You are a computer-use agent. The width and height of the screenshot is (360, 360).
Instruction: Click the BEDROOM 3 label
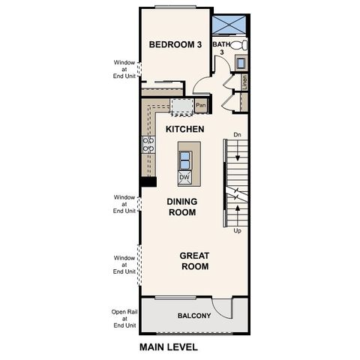[x=175, y=45]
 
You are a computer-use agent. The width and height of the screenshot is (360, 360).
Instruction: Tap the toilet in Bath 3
[x=240, y=46]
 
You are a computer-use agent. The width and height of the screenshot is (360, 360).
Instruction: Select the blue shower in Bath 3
[x=230, y=24]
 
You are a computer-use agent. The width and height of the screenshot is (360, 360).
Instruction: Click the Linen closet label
[x=245, y=82]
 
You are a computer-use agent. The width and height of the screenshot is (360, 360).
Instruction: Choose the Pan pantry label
[x=200, y=106]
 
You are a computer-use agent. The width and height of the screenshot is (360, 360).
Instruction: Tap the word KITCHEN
[x=184, y=130]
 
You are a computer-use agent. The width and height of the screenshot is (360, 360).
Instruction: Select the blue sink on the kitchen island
[x=184, y=158]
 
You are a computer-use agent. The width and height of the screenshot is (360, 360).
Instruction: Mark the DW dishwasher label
[x=184, y=178]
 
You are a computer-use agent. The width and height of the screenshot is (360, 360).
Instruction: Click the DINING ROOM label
[x=181, y=207]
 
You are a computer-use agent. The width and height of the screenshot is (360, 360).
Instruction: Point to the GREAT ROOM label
[x=193, y=261]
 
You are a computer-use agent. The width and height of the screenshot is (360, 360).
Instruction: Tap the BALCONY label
[x=193, y=316]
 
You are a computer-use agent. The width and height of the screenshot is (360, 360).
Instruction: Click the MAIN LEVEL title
[x=169, y=347]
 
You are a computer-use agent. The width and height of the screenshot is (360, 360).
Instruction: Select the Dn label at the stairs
[x=237, y=135]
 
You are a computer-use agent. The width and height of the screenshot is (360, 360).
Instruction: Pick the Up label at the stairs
[x=237, y=231]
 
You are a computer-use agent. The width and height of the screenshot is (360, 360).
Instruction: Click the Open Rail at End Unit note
[x=124, y=318]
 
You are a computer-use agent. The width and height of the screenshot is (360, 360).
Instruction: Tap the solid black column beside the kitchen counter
[x=148, y=181]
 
